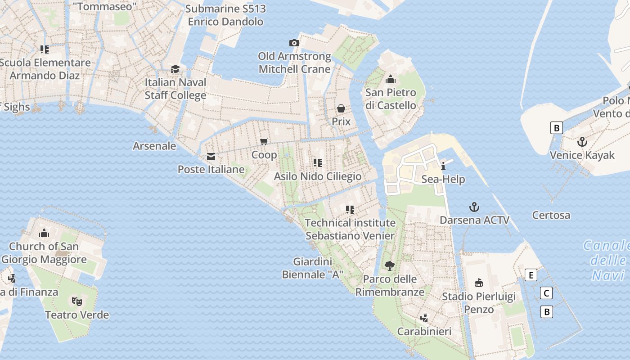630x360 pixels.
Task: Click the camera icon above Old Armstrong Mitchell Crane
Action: (294, 43)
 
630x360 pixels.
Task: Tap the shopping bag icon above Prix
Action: (341, 108)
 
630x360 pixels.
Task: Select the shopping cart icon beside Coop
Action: (265, 141)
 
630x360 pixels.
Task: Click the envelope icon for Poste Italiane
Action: (211, 157)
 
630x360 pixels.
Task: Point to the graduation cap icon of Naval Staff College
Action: (175, 69)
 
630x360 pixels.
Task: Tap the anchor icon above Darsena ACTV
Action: (474, 207)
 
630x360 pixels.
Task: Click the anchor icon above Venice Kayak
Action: (582, 142)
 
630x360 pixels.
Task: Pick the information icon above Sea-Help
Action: (443, 166)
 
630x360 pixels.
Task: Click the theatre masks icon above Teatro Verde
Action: (77, 301)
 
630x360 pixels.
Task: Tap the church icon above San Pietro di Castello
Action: (391, 80)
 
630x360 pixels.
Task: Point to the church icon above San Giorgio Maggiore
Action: (44, 233)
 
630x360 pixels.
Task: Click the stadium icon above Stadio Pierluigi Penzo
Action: (479, 283)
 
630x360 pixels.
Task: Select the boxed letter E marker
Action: (531, 275)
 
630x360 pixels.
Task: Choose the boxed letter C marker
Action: (546, 293)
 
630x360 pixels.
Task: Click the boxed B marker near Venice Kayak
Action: (557, 128)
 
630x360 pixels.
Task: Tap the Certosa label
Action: (551, 215)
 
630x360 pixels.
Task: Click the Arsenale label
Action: (154, 146)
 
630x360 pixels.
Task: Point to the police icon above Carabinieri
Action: (423, 318)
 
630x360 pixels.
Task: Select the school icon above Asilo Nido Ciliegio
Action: (318, 162)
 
